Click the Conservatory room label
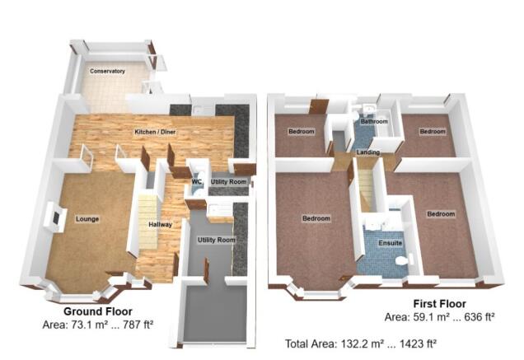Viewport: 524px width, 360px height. (x=108, y=72)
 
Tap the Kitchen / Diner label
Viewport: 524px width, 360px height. (x=155, y=132)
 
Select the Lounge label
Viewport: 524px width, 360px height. (x=87, y=219)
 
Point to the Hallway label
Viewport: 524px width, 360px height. (x=159, y=224)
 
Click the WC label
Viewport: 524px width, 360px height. (x=197, y=181)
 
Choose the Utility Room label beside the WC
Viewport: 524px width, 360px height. (x=228, y=181)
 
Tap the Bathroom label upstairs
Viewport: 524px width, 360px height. (x=374, y=122)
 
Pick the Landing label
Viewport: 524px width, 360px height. (x=367, y=152)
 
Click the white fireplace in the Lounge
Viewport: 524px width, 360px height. (x=55, y=217)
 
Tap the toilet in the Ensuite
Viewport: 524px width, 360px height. (x=401, y=260)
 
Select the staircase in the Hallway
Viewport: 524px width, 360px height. (x=147, y=222)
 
